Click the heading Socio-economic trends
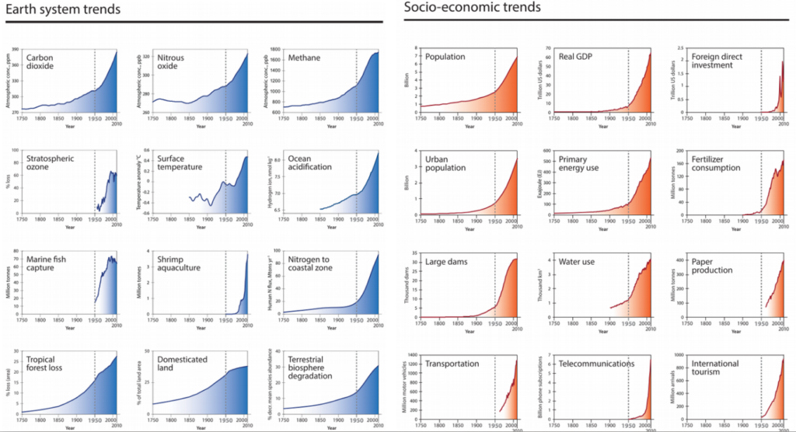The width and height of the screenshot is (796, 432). point(472,8)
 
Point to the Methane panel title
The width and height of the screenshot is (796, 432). point(304,57)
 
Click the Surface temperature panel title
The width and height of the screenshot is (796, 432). point(180,163)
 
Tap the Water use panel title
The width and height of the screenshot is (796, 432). point(577,262)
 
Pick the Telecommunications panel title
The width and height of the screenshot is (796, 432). point(596,364)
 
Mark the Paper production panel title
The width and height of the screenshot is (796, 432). point(712,266)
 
